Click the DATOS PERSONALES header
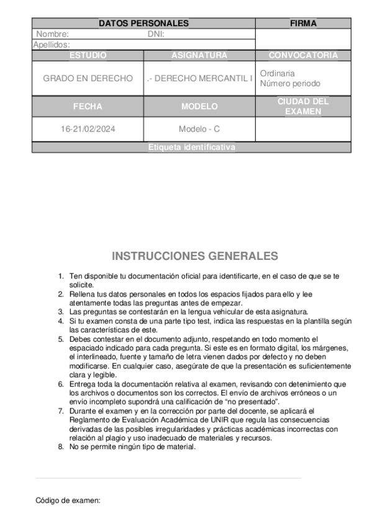[x=143, y=24]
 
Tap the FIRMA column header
[x=303, y=24]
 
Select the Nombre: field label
[x=52, y=34]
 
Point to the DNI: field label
[x=155, y=34]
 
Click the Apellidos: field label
[x=51, y=45]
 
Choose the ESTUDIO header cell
[x=88, y=55]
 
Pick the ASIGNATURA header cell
[x=199, y=55]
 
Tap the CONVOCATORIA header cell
[x=303, y=55]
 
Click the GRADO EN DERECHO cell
[x=88, y=79]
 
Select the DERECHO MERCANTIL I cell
[x=199, y=79]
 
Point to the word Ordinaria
[x=277, y=73]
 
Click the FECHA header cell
[x=88, y=106]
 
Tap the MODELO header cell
[x=199, y=106]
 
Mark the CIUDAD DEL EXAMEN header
[x=303, y=106]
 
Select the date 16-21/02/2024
[x=88, y=129]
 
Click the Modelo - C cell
[x=199, y=129]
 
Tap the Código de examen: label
[x=68, y=500]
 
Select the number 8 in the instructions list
[x=60, y=446]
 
